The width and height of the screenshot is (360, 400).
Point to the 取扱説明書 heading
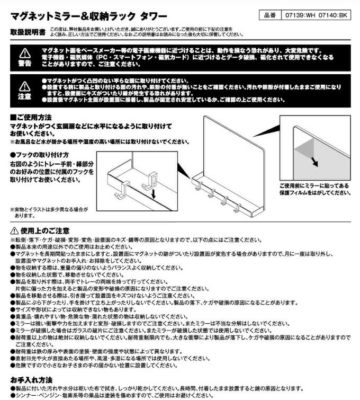(x=28, y=32)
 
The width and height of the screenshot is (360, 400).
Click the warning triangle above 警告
(x=25, y=53)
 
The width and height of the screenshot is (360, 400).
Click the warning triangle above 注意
(x=25, y=86)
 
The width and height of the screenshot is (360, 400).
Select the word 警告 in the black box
(x=25, y=63)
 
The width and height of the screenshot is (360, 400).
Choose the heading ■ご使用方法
(x=31, y=117)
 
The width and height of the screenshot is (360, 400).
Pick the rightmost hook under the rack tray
(x=237, y=206)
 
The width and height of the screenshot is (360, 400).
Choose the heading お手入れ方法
(x=31, y=380)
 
